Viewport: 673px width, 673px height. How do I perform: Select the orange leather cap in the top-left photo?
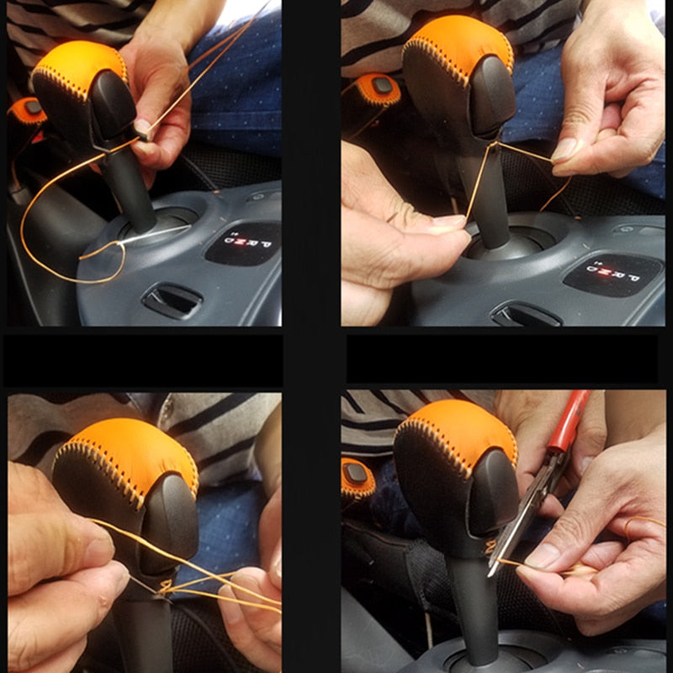click(x=80, y=63)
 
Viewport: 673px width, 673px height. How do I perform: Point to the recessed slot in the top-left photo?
click(x=172, y=298)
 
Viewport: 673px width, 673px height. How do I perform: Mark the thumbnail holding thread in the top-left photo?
click(x=143, y=127)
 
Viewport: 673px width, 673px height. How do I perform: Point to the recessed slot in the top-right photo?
click(x=527, y=315)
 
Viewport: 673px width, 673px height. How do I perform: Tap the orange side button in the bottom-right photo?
click(x=358, y=475)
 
